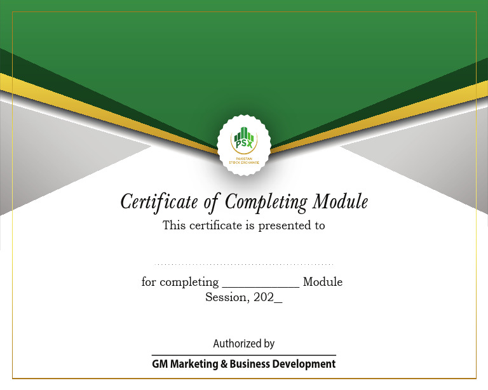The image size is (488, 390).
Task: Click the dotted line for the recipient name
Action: pyautogui.click(x=244, y=264)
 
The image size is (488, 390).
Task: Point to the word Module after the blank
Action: pyautogui.click(x=323, y=282)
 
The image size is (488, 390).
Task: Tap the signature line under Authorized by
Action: pyautogui.click(x=244, y=354)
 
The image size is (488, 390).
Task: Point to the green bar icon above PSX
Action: pyautogui.click(x=244, y=135)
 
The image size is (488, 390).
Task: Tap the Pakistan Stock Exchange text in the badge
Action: pyautogui.click(x=244, y=161)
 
